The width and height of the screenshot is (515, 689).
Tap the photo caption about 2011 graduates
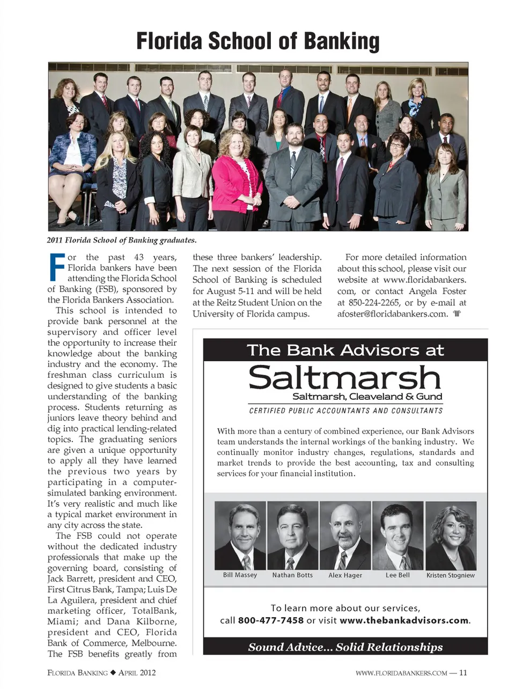(122, 240)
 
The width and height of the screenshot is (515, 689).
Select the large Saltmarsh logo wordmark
(344, 378)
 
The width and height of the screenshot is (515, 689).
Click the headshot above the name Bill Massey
(240, 536)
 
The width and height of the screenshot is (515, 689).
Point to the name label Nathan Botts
(292, 575)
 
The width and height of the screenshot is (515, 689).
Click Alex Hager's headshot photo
(345, 536)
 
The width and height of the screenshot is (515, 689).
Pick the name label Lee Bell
(398, 575)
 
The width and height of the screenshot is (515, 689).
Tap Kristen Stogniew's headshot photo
(451, 536)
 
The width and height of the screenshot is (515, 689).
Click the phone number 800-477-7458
(270, 620)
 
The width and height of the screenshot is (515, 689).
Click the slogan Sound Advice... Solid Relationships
(345, 647)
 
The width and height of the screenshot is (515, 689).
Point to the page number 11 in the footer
(463, 672)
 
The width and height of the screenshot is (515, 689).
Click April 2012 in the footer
(137, 672)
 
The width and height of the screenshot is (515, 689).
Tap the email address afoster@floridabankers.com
(392, 314)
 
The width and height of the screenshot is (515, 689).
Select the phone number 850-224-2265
(374, 303)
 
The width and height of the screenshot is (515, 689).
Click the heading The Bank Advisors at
(345, 350)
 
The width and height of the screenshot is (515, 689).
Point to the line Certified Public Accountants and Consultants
(346, 411)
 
